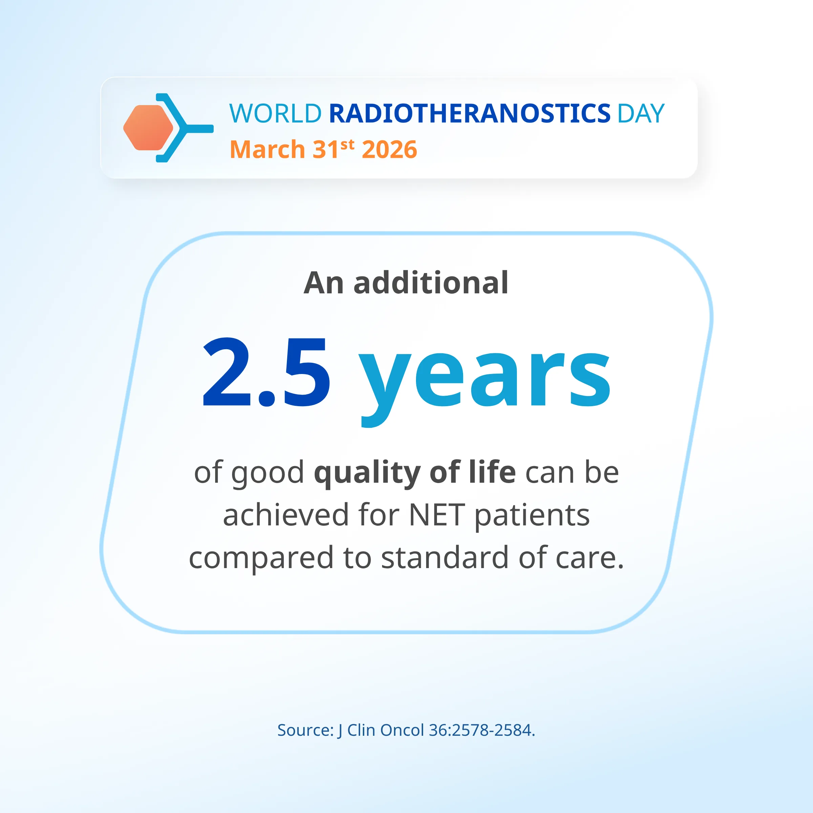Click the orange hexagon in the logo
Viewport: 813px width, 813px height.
[148, 127]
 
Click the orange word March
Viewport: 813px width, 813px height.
[267, 149]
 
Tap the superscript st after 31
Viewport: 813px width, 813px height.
[348, 145]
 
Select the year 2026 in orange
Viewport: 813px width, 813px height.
[389, 149]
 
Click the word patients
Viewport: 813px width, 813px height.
[532, 517]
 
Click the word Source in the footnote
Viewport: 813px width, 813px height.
[305, 730]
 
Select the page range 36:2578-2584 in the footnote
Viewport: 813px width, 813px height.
[481, 730]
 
